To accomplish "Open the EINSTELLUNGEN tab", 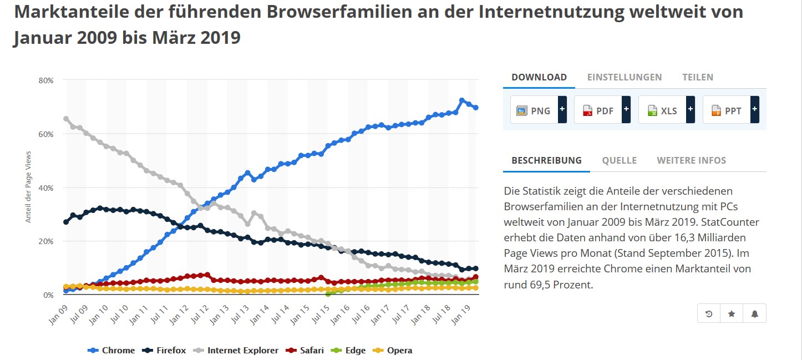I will (x=625, y=77).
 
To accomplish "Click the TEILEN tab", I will (x=698, y=77).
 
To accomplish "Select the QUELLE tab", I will (x=620, y=160).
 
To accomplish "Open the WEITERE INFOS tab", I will (x=691, y=160).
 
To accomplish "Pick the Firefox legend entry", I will (x=165, y=350).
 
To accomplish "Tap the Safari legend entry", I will (x=304, y=350).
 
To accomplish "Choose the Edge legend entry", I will (x=349, y=350).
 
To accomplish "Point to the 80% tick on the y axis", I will (x=47, y=80).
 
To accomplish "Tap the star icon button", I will (x=732, y=313).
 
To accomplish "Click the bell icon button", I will (x=754, y=313).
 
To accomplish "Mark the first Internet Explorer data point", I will (x=67, y=119).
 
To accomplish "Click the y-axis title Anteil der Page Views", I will (x=28, y=186).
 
